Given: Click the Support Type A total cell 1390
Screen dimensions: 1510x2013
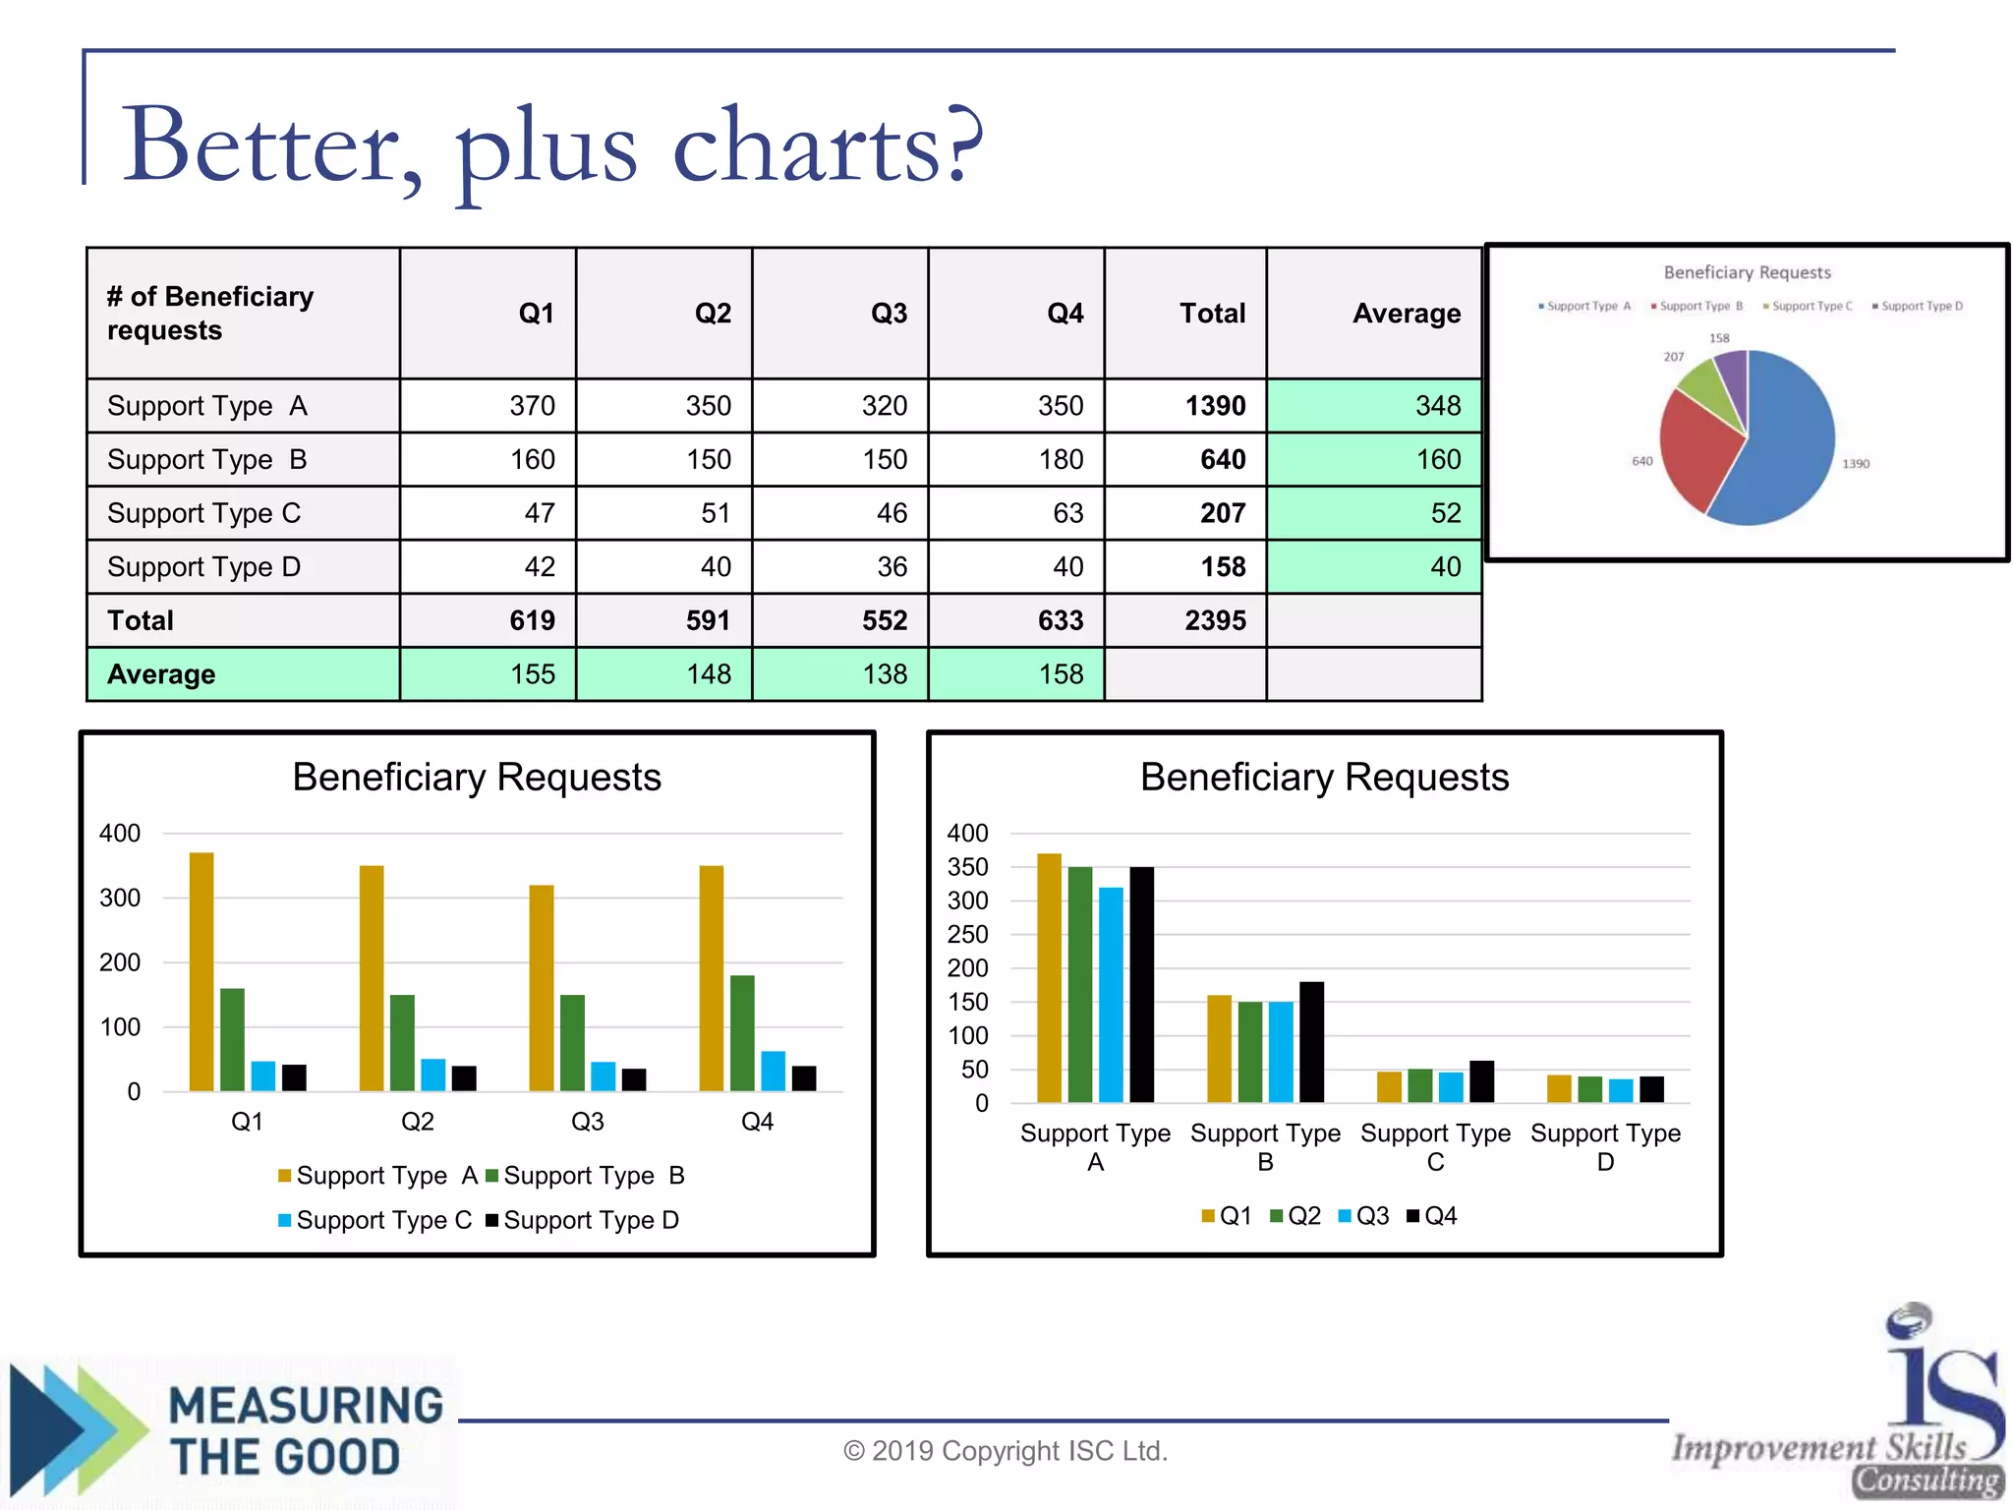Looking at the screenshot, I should click(x=1215, y=406).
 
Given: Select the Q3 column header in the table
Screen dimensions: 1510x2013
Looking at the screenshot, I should click(x=889, y=314).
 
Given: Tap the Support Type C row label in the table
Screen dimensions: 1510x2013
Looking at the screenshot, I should click(x=203, y=513).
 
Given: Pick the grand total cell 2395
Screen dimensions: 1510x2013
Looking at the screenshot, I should click(x=1215, y=620).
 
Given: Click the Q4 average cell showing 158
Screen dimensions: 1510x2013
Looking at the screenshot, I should click(x=1061, y=674).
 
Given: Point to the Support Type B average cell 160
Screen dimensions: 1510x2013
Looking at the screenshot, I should click(x=1438, y=460).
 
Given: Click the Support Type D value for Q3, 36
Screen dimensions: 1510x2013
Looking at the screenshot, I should click(x=891, y=567).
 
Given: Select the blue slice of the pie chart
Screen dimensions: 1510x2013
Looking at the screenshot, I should click(x=1784, y=442).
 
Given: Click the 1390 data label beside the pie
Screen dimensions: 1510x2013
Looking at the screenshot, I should click(x=1856, y=464).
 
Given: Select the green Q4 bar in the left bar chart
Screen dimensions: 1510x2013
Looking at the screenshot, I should click(x=742, y=1032).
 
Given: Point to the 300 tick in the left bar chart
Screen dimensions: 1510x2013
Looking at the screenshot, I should click(x=120, y=898).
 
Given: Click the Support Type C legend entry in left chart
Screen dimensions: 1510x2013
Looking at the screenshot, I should click(x=374, y=1220).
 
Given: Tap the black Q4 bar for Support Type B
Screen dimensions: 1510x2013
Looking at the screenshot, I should click(x=1311, y=1041).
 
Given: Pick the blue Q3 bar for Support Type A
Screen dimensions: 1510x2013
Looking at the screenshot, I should click(x=1111, y=994).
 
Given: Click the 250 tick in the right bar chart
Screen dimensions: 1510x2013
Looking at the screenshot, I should click(x=967, y=934).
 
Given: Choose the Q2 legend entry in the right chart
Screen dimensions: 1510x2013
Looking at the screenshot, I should click(x=1295, y=1216).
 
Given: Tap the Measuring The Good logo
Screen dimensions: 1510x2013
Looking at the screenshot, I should click(x=231, y=1430).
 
